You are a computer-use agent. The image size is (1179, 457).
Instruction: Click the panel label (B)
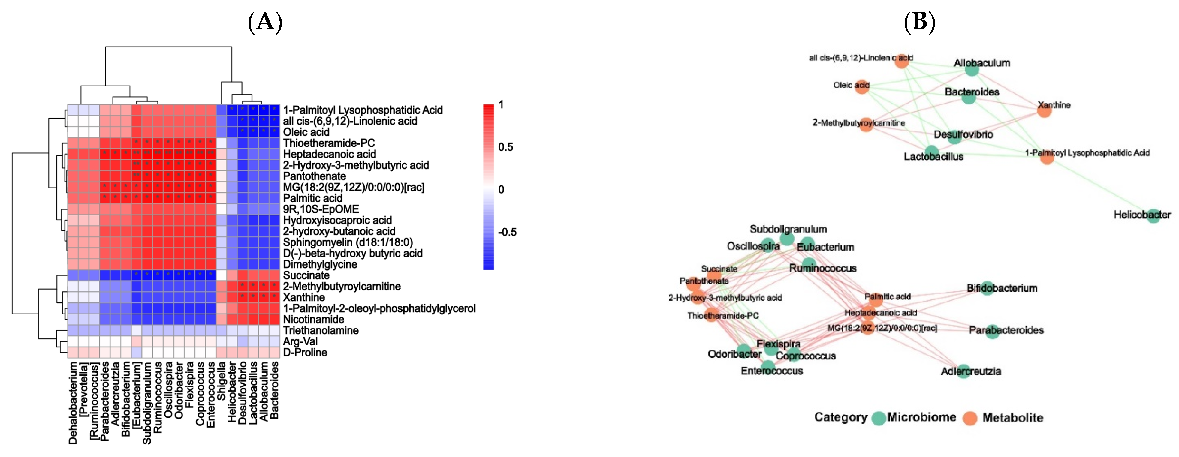click(x=919, y=22)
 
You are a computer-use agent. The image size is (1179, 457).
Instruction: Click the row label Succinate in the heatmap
click(x=306, y=275)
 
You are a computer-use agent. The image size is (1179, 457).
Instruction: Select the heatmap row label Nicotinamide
click(x=314, y=319)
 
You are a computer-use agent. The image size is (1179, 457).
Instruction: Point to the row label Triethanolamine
click(x=320, y=330)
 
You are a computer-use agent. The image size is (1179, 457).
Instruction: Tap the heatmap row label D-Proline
click(x=305, y=352)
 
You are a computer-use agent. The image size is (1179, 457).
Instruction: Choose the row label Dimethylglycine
click(x=320, y=264)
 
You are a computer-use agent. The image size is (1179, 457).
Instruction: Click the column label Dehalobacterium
click(x=73, y=403)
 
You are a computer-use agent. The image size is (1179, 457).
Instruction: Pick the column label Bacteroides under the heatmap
click(x=274, y=390)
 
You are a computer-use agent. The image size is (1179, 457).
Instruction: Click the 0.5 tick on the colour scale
click(x=505, y=147)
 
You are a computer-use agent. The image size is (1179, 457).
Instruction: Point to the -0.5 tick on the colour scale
click(x=507, y=232)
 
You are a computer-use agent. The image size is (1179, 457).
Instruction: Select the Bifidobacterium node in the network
click(x=987, y=288)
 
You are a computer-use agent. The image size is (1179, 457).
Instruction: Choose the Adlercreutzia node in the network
click(x=963, y=371)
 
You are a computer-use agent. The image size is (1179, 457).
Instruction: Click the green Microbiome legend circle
click(x=878, y=418)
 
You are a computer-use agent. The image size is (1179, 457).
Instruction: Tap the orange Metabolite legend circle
click(x=970, y=418)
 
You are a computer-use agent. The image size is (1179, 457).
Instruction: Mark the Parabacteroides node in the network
click(x=992, y=332)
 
